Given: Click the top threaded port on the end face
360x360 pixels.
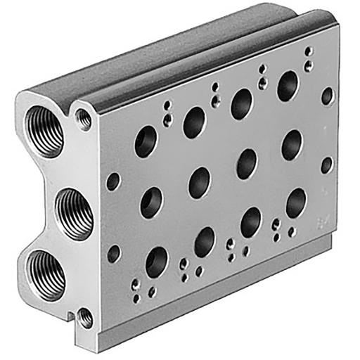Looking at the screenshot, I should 48,131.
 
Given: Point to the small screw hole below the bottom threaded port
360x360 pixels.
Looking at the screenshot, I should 85,318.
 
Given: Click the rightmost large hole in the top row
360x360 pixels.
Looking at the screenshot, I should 288,86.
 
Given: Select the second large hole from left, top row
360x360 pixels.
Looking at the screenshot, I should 194,122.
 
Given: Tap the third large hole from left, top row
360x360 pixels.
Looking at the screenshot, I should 243,103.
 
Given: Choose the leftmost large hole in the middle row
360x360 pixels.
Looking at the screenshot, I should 151,202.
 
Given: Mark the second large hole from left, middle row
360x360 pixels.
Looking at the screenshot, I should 200,182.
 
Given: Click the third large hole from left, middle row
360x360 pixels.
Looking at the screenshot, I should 247,163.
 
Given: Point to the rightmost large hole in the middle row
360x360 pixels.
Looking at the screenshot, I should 292,144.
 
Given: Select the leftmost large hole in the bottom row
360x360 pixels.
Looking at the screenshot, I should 156,262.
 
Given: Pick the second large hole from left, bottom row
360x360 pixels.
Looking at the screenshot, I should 205,242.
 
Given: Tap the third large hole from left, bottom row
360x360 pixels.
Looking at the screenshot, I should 251,222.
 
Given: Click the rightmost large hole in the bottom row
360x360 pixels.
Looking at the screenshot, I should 296,202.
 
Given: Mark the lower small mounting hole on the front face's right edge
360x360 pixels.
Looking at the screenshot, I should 327,165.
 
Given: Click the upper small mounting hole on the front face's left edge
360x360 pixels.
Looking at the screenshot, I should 112,181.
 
